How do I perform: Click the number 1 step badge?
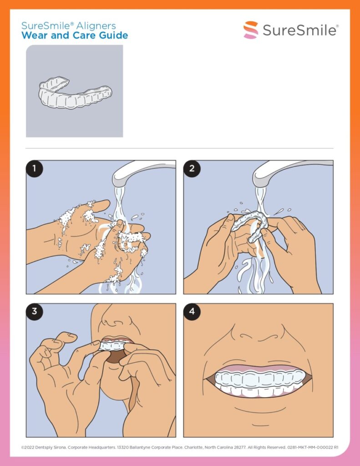tap(34, 168)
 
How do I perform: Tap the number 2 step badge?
tap(192, 168)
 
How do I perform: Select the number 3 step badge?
tap(34, 311)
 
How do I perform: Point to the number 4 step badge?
tap(192, 311)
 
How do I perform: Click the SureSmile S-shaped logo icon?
tap(251, 30)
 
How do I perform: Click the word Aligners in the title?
tap(96, 26)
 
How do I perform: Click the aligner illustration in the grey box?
tap(75, 92)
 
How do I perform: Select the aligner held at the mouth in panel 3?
tap(113, 346)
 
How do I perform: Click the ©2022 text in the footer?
tap(28, 447)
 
